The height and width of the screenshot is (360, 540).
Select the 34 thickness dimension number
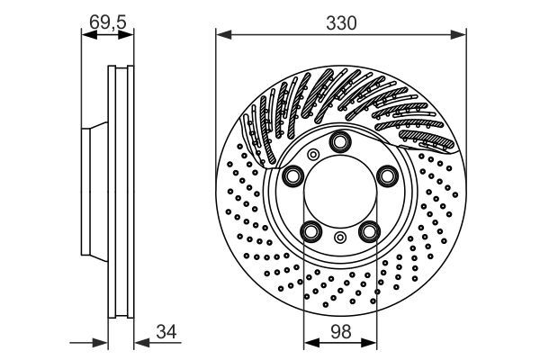point(164,332)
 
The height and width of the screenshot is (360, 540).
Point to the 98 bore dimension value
point(340,330)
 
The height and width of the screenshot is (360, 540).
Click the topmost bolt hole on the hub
point(340,142)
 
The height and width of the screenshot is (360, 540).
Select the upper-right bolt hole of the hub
point(387,175)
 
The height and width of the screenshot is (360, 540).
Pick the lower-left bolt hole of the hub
point(310,232)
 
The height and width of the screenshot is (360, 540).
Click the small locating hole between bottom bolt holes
point(340,238)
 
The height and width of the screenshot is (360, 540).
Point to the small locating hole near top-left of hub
point(312,156)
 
